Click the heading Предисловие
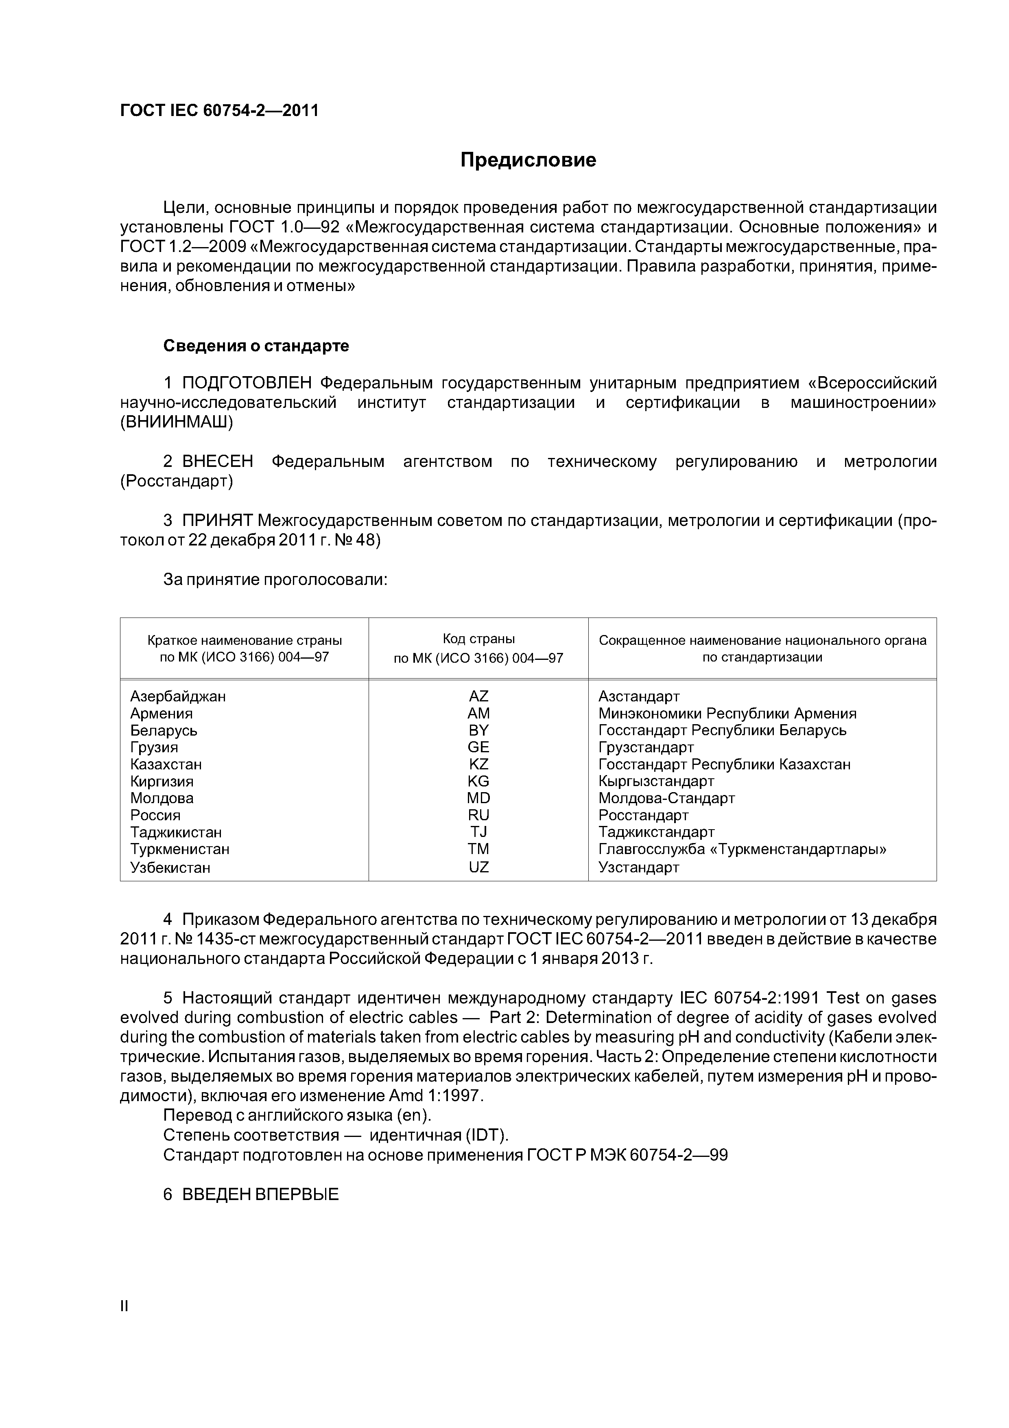point(528,160)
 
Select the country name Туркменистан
point(180,849)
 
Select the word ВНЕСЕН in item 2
point(218,462)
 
